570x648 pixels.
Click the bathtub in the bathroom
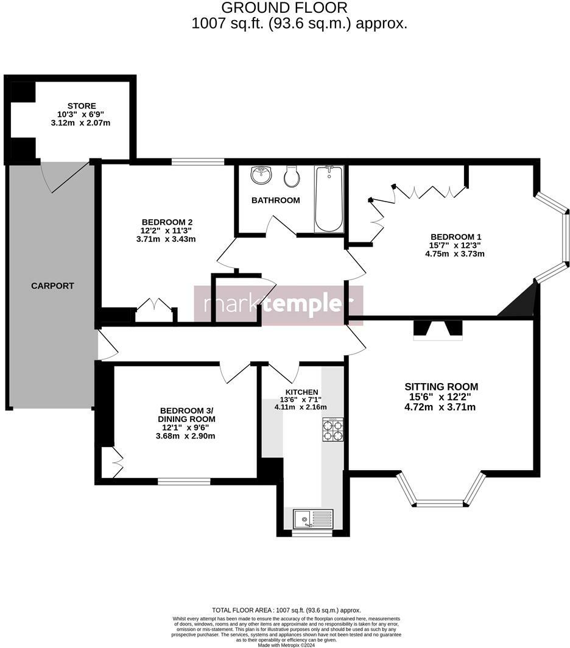329,199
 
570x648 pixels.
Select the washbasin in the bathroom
262,175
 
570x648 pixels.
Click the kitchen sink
312,519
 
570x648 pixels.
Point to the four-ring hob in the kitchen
332,429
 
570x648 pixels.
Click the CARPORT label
52,286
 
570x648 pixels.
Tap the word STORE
82,106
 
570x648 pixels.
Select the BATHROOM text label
275,200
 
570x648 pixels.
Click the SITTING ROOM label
442,387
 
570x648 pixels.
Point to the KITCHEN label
302,392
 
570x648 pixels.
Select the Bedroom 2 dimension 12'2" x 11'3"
166,230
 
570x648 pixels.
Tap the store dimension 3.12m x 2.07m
81,123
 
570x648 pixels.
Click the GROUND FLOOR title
284,8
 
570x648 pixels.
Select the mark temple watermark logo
278,304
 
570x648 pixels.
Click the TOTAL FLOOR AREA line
286,610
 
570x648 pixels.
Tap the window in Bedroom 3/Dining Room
184,481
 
